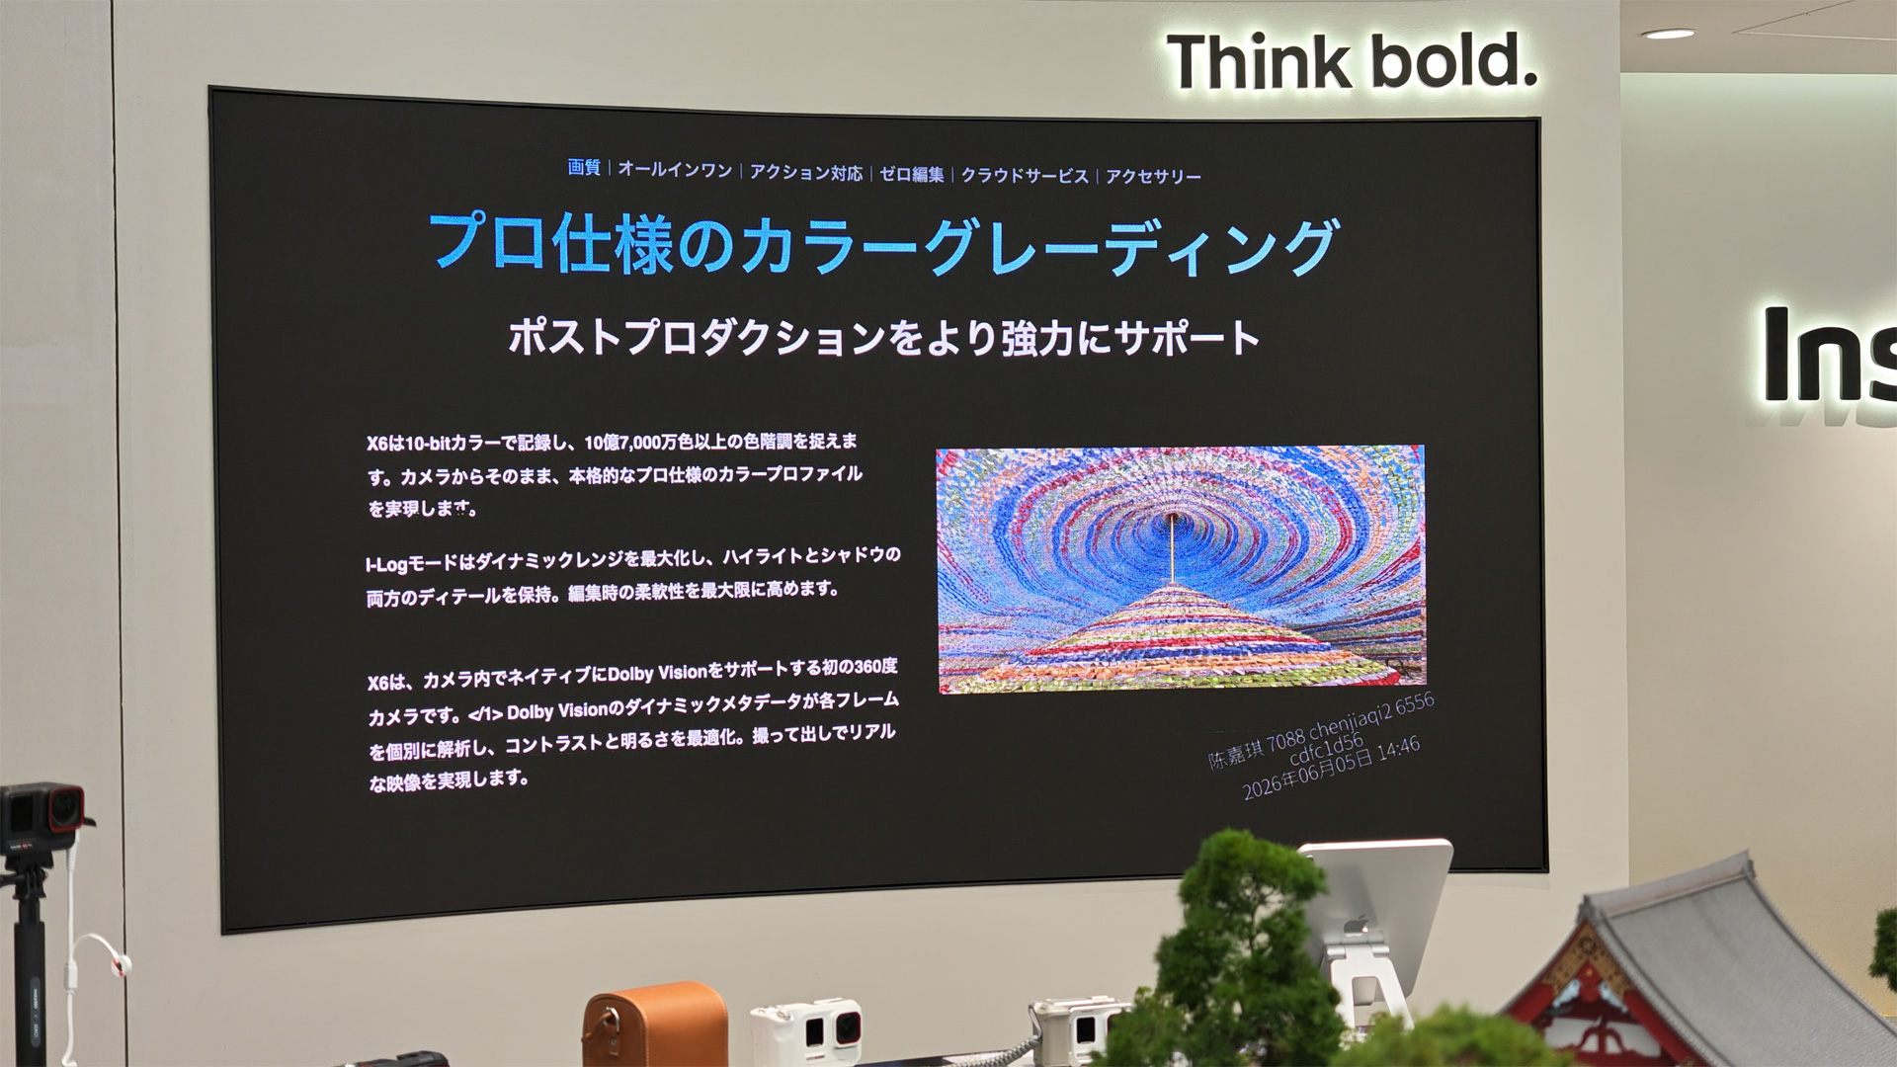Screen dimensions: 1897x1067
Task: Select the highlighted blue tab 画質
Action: pyautogui.click(x=584, y=167)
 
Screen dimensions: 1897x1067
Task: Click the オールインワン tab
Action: pyautogui.click(x=675, y=170)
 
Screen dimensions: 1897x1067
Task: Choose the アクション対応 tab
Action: pyautogui.click(x=806, y=173)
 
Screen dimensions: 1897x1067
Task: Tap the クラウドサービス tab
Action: pyautogui.click(x=1025, y=176)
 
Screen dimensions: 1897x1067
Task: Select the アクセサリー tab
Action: pyautogui.click(x=1153, y=177)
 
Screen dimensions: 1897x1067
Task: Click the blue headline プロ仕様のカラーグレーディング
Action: pyautogui.click(x=883, y=245)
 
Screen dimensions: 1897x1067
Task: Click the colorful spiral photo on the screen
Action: pyautogui.click(x=1181, y=569)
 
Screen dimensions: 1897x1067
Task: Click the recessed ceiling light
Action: pyautogui.click(x=1669, y=34)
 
